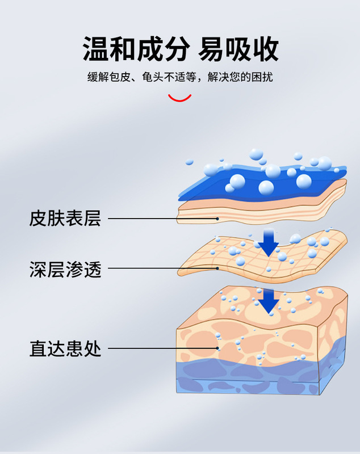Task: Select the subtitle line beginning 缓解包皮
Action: click(x=179, y=77)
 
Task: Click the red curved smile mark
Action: click(x=180, y=98)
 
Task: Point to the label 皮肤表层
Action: click(x=65, y=218)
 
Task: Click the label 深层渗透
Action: click(x=65, y=269)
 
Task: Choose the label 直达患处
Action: click(x=65, y=348)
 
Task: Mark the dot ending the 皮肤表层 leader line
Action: click(x=217, y=218)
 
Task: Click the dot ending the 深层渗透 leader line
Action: click(x=217, y=269)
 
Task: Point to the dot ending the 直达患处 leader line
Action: click(x=217, y=348)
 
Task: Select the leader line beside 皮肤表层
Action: click(x=162, y=218)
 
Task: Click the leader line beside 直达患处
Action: click(x=162, y=348)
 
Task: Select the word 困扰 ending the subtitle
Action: click(x=262, y=77)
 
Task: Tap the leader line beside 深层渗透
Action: click(x=162, y=269)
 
